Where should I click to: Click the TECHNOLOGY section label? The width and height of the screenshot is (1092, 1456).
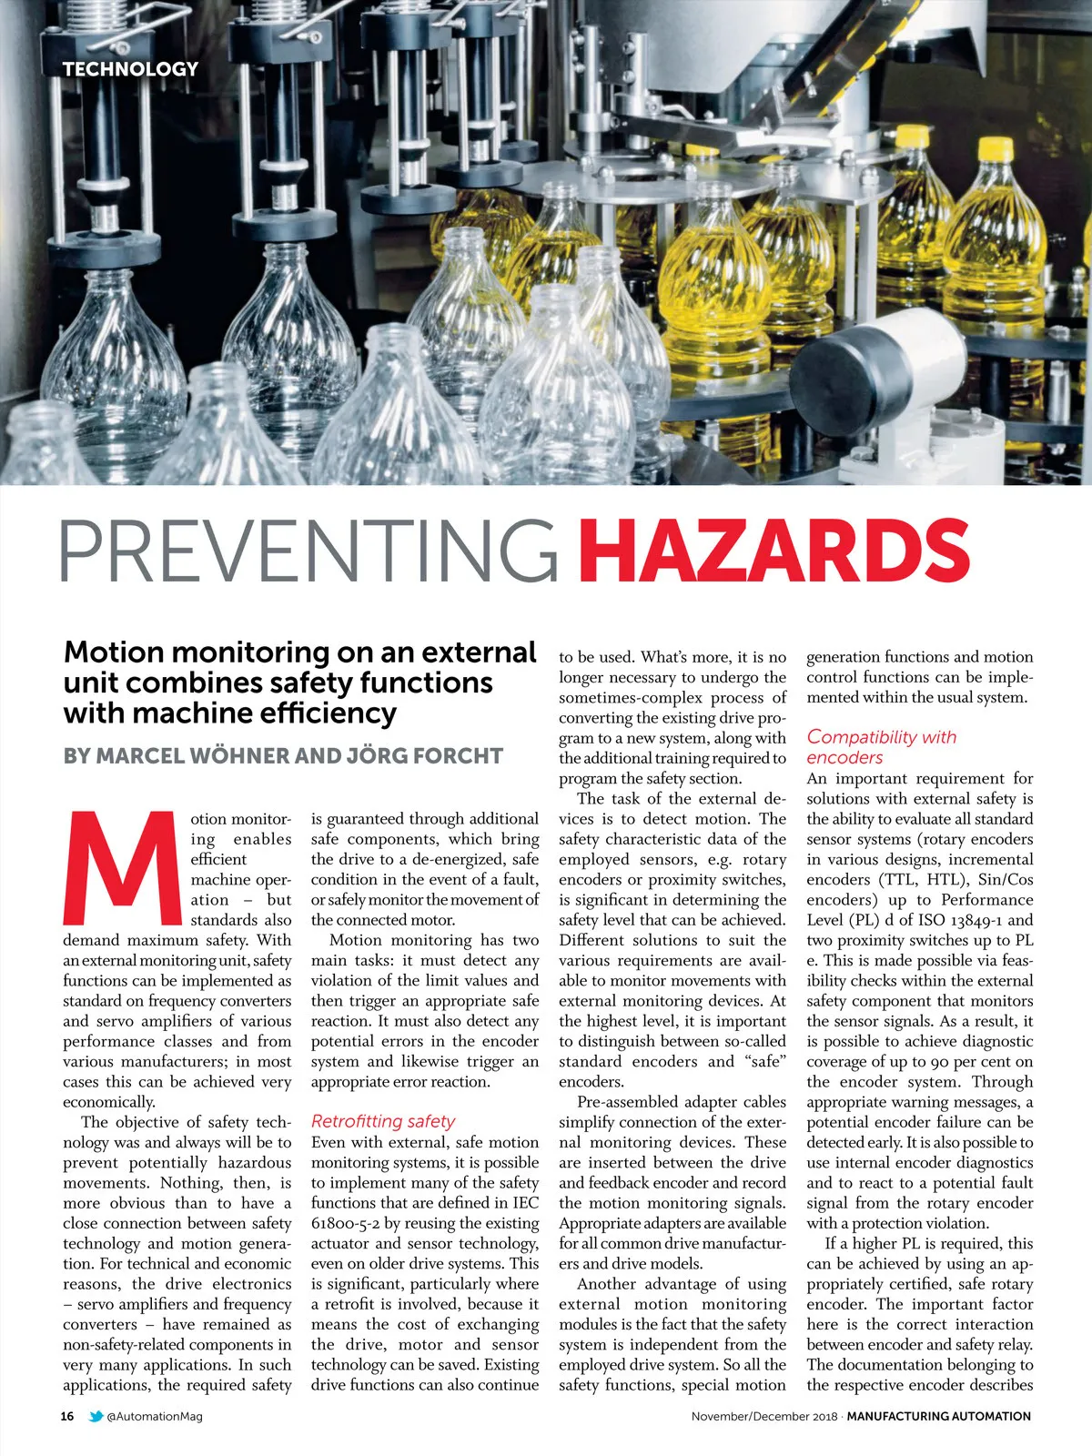(x=130, y=68)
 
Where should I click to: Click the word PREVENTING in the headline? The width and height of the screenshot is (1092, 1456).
(x=308, y=551)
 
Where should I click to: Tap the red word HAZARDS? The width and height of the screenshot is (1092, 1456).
(x=773, y=551)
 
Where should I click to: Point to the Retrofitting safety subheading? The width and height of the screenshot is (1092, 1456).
(x=382, y=1121)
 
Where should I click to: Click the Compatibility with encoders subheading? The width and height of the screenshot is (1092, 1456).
(x=881, y=746)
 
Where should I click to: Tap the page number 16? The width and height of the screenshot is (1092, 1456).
(x=67, y=1416)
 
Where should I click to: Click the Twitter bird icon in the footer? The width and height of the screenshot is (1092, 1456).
(x=96, y=1416)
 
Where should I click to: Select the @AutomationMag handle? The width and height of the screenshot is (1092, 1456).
(x=155, y=1416)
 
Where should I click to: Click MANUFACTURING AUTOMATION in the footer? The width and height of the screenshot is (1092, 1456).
(x=938, y=1416)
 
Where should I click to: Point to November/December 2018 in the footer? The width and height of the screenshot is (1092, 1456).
(x=763, y=1416)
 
